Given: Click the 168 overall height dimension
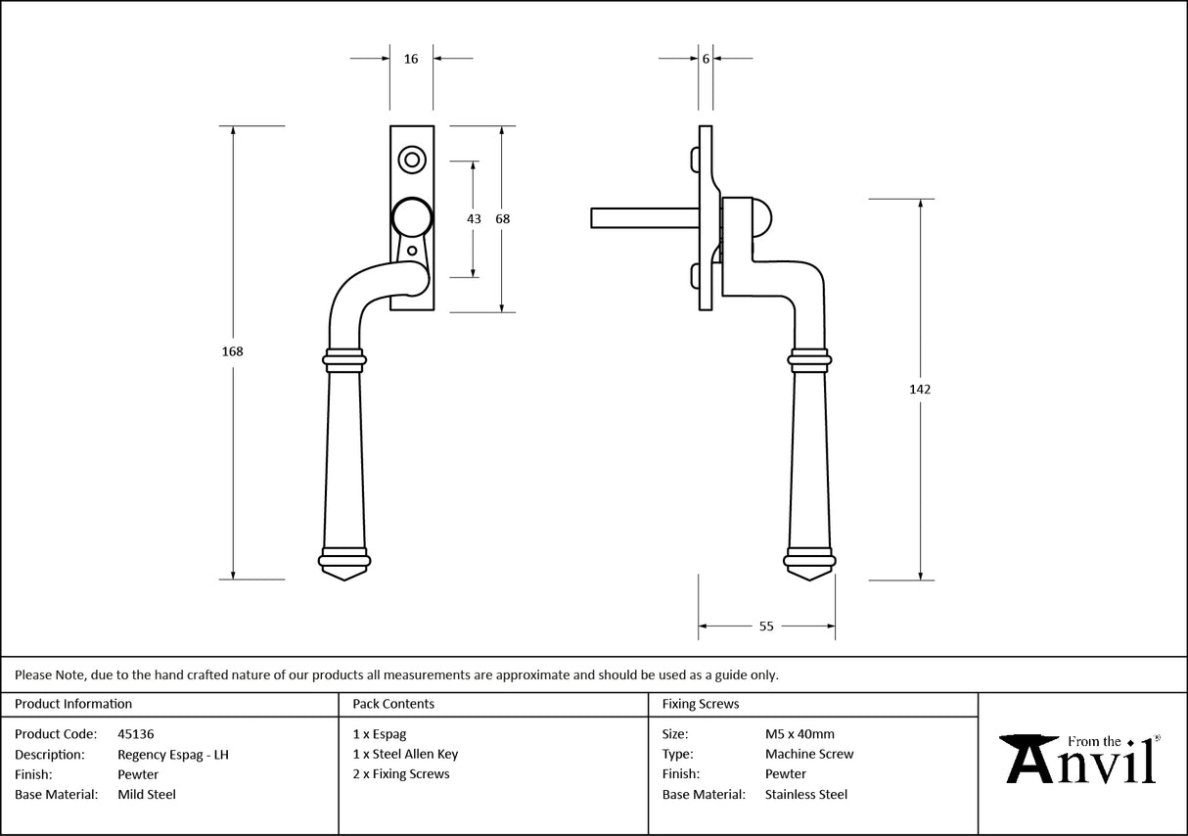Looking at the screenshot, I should coord(233,351).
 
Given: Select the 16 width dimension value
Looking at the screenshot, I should coord(411,59).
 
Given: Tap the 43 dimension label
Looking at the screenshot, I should coord(474,219).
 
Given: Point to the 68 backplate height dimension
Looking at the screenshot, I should coord(502,219).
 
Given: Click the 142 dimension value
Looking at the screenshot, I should coord(920,389).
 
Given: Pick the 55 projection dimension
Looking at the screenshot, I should coord(766,626).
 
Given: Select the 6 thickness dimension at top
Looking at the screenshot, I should coord(706,59).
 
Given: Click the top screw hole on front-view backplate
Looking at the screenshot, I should coord(412,160).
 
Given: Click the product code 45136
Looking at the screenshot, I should coord(135,733).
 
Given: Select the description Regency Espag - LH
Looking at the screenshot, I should coord(172,754).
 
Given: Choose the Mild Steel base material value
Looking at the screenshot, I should coord(147,794).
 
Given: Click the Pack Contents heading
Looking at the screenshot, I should coord(393,703).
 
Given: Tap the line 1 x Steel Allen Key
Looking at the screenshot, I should coord(405,754).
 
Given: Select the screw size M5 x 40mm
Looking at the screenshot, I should coord(800,733).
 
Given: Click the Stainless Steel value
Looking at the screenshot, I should coord(806,794).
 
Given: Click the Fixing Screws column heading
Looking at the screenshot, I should coord(701,703).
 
